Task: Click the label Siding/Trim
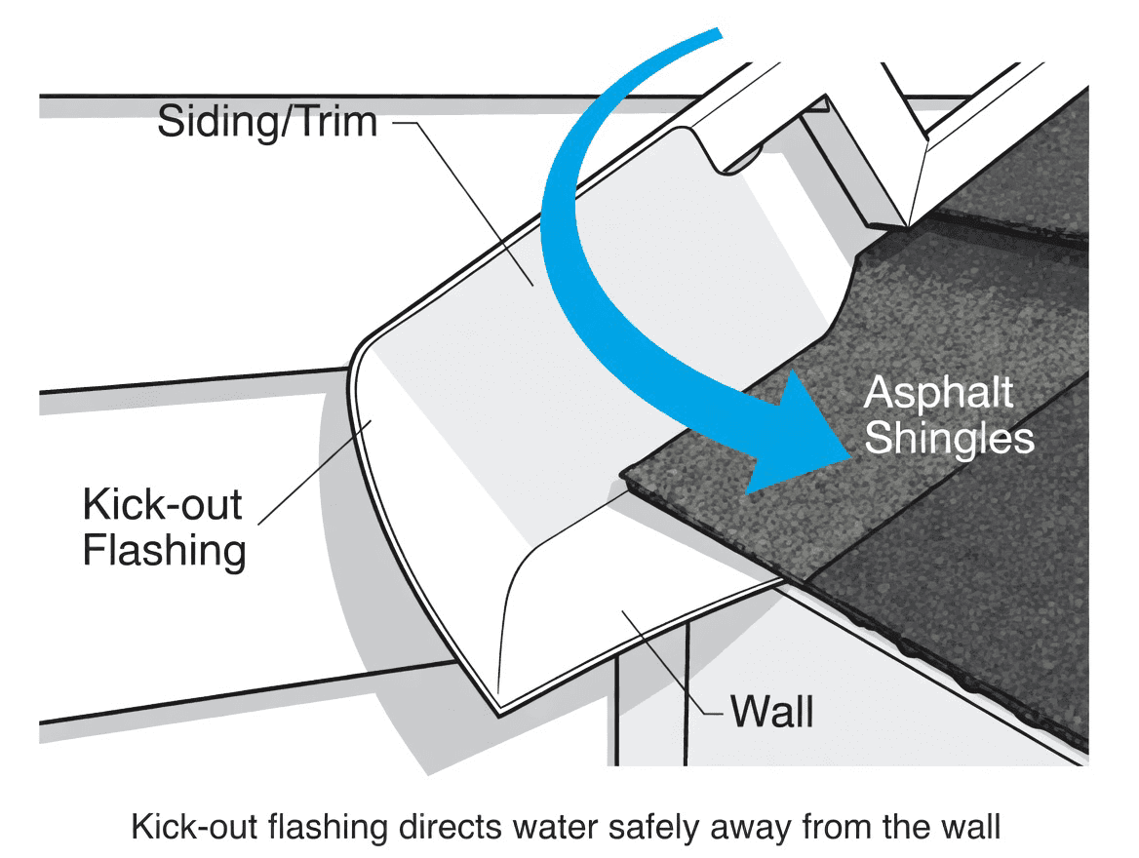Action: pyautogui.click(x=267, y=123)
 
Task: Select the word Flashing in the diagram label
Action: pyautogui.click(x=164, y=551)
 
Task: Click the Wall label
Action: pyautogui.click(x=772, y=711)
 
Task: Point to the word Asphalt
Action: pyautogui.click(x=939, y=394)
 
